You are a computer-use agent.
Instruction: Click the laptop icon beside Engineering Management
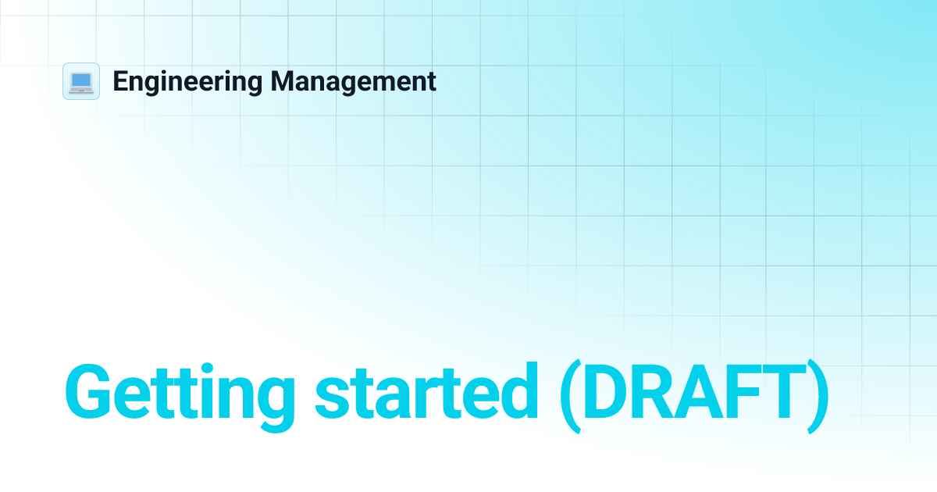tap(81, 81)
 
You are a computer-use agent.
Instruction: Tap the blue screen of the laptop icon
tap(81, 79)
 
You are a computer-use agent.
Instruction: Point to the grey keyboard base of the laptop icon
tap(81, 89)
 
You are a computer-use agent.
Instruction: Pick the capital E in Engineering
tap(119, 81)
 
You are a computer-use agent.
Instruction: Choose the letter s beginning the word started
tap(331, 398)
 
